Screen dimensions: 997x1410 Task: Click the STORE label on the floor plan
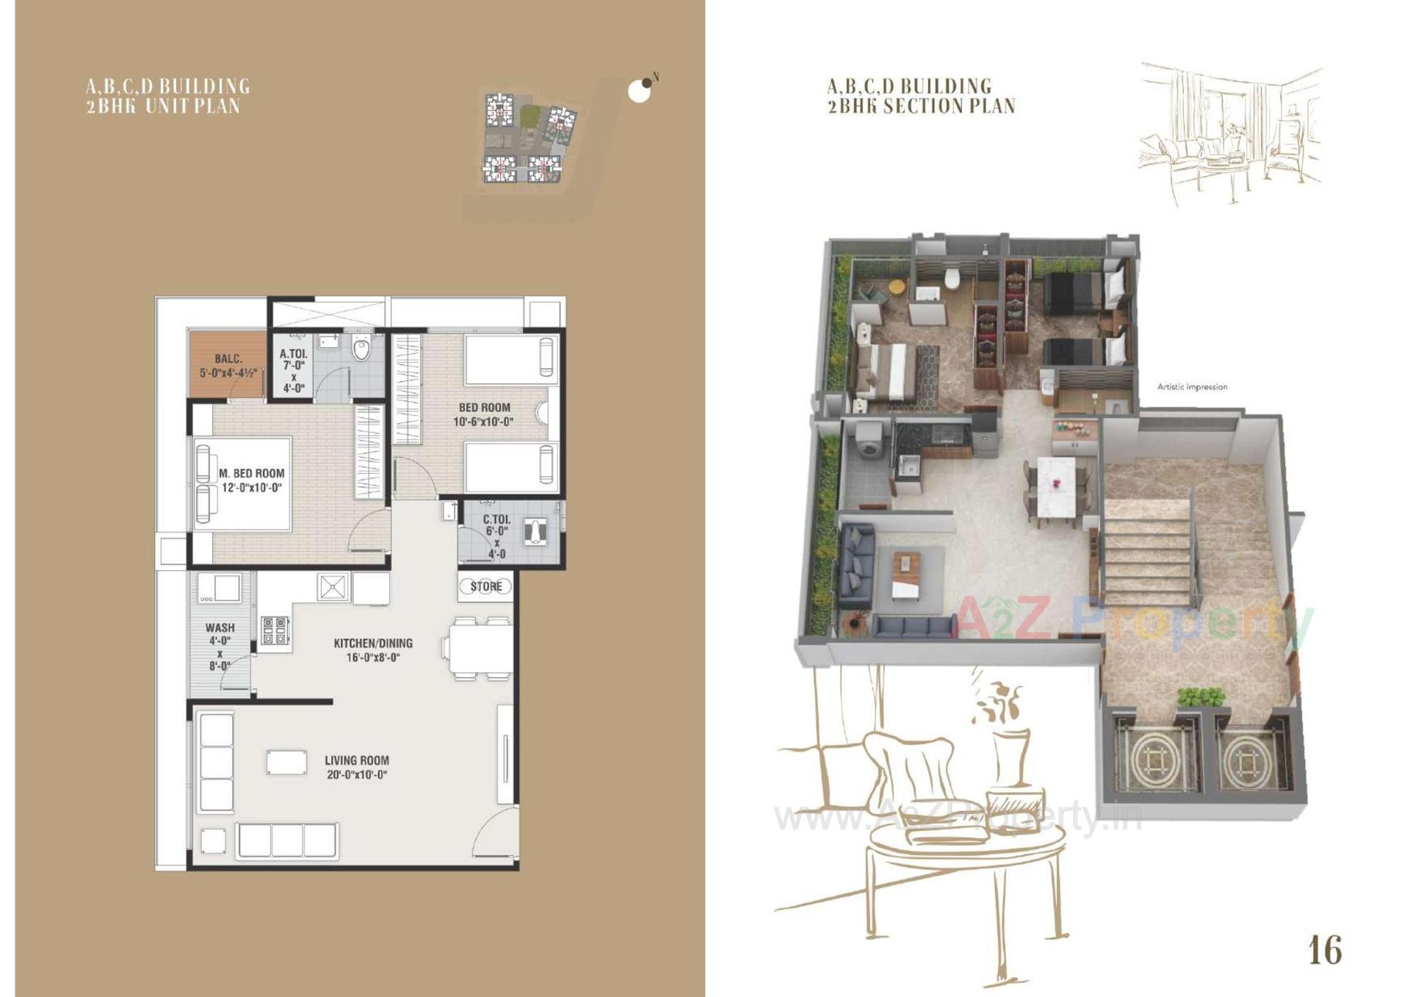[485, 586]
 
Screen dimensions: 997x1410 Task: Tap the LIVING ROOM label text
[357, 760]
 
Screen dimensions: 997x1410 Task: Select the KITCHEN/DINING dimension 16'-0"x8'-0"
[373, 658]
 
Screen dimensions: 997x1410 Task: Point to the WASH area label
[220, 627]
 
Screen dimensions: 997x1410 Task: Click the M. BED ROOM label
[251, 474]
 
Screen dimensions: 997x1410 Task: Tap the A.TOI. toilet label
[293, 354]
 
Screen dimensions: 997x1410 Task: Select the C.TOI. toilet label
[496, 519]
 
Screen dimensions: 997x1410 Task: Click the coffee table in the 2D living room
[286, 762]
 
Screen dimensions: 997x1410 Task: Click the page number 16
[1324, 950]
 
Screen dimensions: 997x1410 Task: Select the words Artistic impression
[1191, 387]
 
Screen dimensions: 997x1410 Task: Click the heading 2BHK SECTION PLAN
[921, 106]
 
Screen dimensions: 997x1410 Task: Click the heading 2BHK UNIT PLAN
[163, 106]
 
